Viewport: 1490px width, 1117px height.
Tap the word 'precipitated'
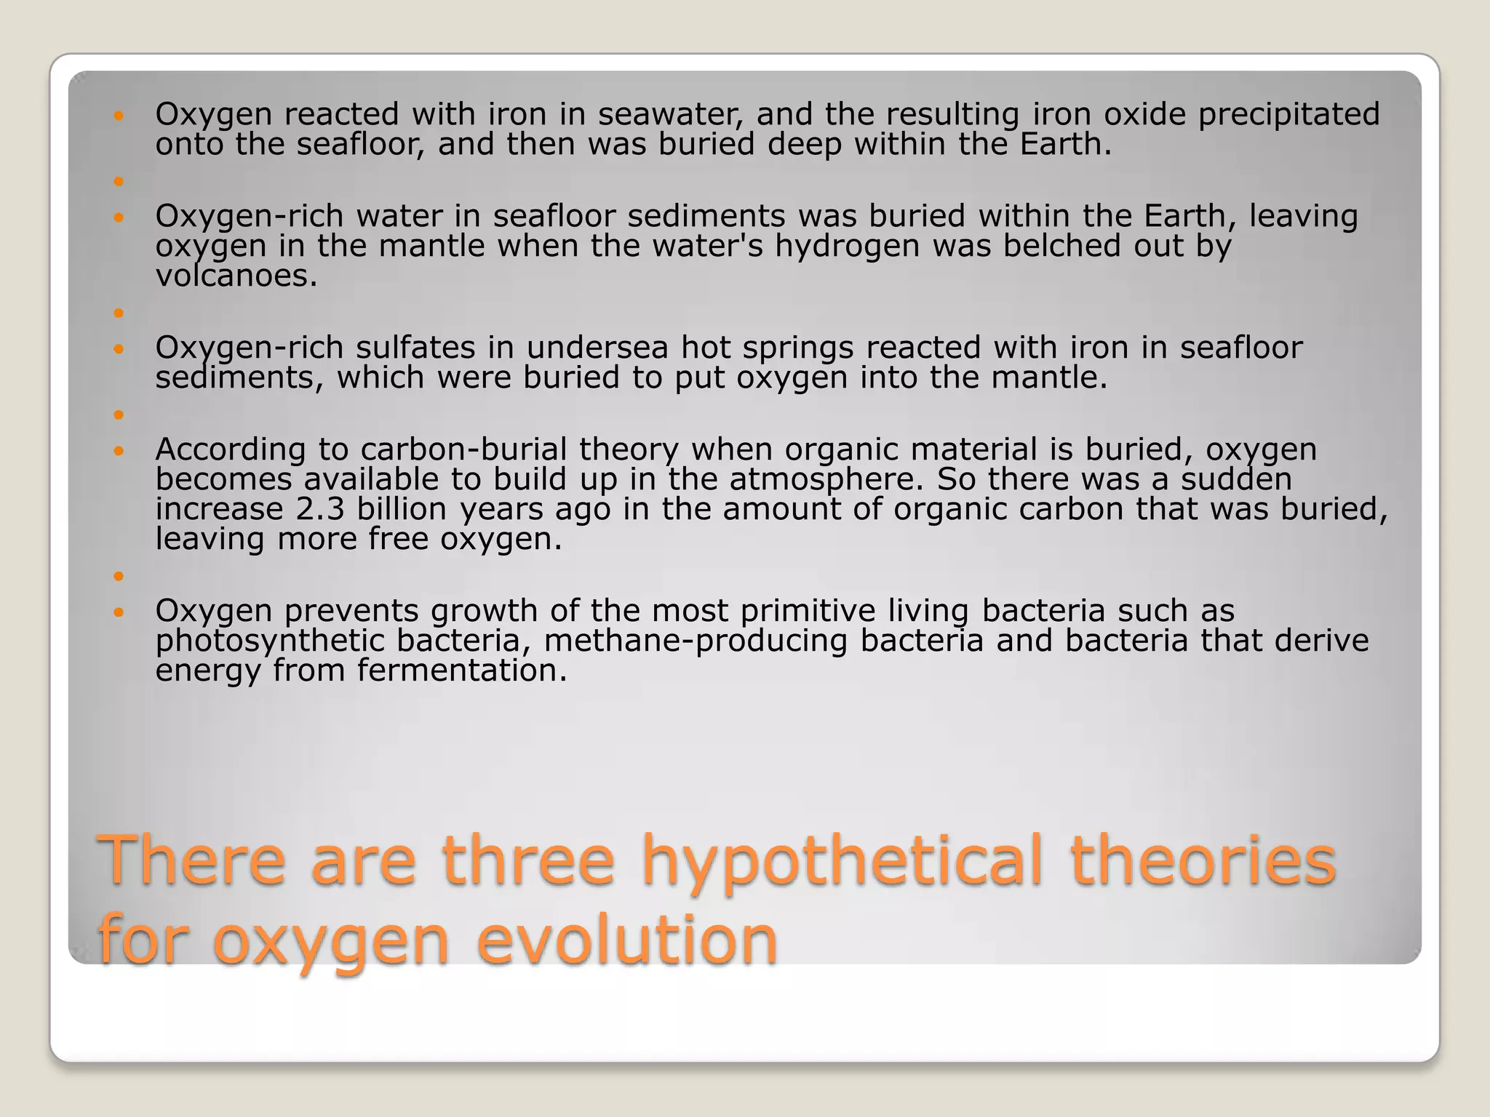click(1288, 114)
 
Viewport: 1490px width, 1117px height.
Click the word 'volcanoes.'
click(236, 276)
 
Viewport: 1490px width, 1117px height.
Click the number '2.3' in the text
click(320, 509)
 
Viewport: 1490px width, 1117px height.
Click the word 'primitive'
click(807, 611)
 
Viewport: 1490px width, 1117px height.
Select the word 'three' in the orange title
click(528, 861)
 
